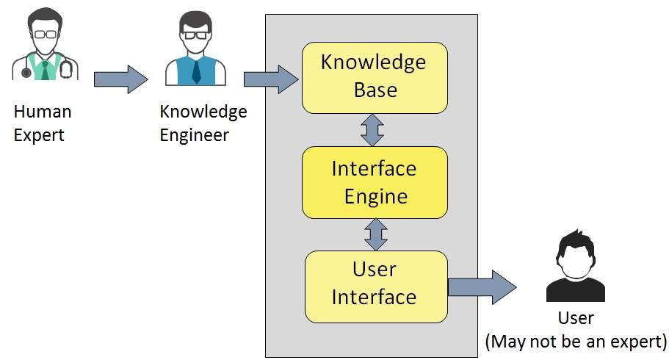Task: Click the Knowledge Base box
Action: pos(375,78)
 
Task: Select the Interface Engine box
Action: pos(375,182)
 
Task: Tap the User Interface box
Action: pos(376,287)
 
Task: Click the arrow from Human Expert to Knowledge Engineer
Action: pos(120,79)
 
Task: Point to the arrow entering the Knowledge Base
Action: pos(271,79)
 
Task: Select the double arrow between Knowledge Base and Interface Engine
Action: pos(372,130)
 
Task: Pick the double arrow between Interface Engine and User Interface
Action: pos(376,234)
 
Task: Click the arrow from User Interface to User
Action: pos(482,287)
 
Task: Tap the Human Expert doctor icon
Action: pos(45,44)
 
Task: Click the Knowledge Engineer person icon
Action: pos(195,48)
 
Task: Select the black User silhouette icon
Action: pos(576,266)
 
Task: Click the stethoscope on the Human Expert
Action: pos(65,68)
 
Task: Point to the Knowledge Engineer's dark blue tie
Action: pos(196,72)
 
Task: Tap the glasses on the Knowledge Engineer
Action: pos(195,35)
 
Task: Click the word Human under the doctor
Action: pos(43,112)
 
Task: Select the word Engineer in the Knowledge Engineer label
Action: pos(194,135)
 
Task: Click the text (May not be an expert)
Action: pos(576,342)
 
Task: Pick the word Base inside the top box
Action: pos(375,90)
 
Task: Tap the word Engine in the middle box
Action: pos(376,197)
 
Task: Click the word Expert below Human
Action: pos(39,136)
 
